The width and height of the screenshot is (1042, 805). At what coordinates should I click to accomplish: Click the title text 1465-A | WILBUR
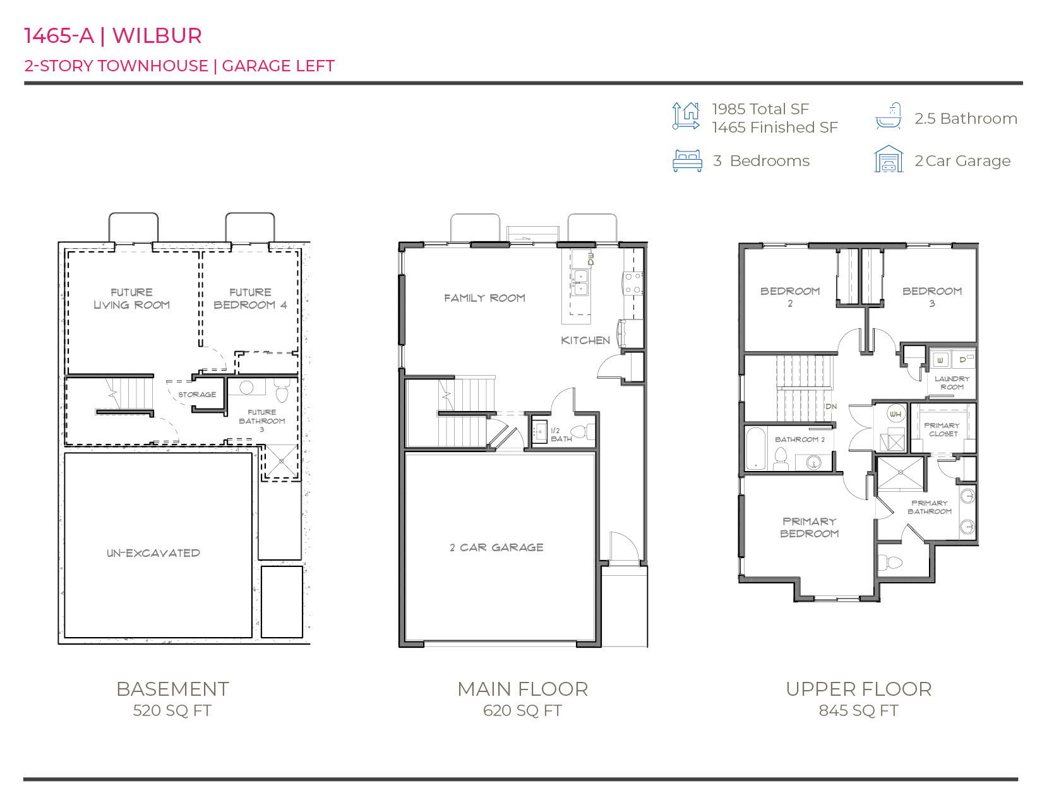[112, 36]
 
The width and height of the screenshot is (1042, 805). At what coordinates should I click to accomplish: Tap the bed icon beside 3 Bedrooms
[687, 161]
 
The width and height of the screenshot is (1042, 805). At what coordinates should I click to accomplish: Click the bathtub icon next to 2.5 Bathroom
[888, 117]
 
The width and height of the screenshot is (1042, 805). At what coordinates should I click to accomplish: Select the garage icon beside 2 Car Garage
[889, 159]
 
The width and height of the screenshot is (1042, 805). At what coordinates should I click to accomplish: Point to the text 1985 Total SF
[760, 109]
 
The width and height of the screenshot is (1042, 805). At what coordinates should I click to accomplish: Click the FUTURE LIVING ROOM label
[131, 299]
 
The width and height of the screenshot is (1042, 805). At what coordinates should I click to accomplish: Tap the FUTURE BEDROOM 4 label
[250, 299]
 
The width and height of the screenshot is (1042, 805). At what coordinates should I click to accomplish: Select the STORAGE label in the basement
[197, 395]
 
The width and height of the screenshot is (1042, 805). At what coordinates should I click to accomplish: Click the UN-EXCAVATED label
[153, 553]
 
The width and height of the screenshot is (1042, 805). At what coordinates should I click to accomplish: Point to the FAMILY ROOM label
[484, 298]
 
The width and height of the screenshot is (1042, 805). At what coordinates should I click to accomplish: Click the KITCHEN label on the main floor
[585, 340]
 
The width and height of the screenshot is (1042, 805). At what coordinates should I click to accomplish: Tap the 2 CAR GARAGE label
[496, 547]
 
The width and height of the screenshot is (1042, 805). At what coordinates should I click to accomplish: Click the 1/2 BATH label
[560, 434]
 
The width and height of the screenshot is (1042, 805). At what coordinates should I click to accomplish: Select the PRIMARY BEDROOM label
[809, 527]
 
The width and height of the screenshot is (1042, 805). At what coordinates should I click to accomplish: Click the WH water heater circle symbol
[895, 414]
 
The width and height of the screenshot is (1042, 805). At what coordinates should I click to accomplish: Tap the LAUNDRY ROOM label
[952, 383]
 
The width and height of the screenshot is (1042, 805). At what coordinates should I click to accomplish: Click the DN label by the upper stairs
[831, 407]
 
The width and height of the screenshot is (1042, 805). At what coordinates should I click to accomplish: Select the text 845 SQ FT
[858, 711]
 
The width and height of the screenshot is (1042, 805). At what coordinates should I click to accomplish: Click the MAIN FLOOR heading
[522, 689]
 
